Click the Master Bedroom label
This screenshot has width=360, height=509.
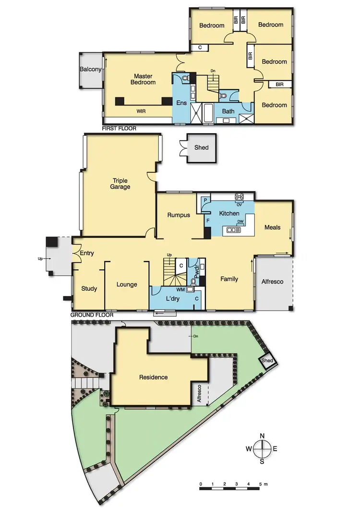(144, 79)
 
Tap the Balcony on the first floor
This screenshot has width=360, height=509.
(91, 70)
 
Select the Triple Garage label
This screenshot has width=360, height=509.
(120, 184)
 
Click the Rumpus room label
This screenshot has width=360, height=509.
(179, 215)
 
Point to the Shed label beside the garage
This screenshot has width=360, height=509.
(202, 148)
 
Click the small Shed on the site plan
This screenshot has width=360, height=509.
(267, 361)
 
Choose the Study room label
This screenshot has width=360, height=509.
(89, 289)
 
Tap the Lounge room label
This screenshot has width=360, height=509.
(127, 284)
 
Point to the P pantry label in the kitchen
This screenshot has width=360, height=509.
(205, 199)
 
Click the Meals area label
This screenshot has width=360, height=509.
(272, 227)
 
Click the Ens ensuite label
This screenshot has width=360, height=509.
(181, 102)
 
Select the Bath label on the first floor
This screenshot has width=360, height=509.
(228, 111)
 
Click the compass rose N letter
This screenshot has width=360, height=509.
(263, 436)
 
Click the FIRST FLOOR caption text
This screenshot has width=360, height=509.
(119, 129)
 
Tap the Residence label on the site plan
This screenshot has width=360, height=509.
(154, 377)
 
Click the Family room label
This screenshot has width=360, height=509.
(229, 279)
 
